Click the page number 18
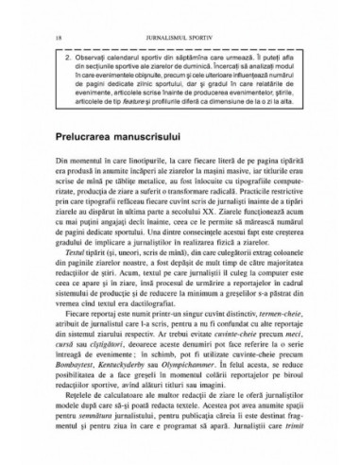(35, 12)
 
